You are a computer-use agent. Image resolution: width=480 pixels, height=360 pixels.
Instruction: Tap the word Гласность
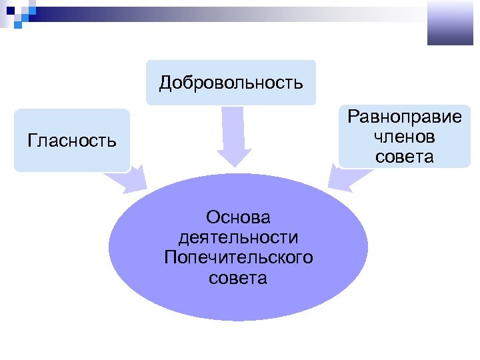click(72, 141)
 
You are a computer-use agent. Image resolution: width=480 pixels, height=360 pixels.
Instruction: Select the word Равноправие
click(405, 118)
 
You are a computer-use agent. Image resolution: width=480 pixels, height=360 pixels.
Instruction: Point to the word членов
click(405, 137)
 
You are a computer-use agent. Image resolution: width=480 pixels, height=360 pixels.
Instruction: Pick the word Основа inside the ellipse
click(238, 217)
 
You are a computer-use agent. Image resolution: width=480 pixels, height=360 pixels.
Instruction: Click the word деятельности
click(238, 237)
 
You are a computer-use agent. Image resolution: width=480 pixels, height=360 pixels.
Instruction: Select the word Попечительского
click(238, 257)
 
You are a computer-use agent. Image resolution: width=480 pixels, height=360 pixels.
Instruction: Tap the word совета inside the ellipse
click(238, 277)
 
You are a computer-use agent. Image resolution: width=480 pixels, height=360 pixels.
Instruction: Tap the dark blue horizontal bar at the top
click(100, 11)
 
